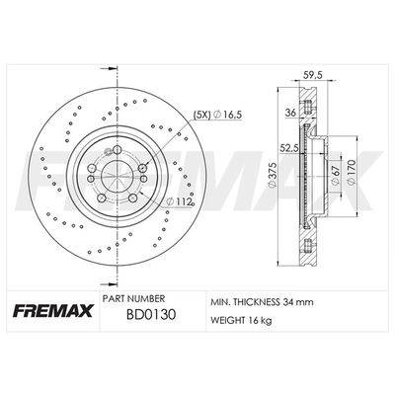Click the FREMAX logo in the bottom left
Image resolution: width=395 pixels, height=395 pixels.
(x=53, y=311)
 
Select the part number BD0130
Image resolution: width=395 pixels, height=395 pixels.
(x=152, y=315)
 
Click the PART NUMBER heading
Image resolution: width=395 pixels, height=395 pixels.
(x=133, y=299)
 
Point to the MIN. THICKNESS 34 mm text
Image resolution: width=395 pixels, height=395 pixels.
(x=262, y=302)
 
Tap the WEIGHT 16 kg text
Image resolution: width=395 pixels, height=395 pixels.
(x=241, y=320)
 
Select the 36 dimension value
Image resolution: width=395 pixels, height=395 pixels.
(x=290, y=113)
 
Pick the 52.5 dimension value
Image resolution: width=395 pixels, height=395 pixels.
(x=288, y=149)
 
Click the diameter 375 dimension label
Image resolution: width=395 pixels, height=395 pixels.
(x=272, y=175)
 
